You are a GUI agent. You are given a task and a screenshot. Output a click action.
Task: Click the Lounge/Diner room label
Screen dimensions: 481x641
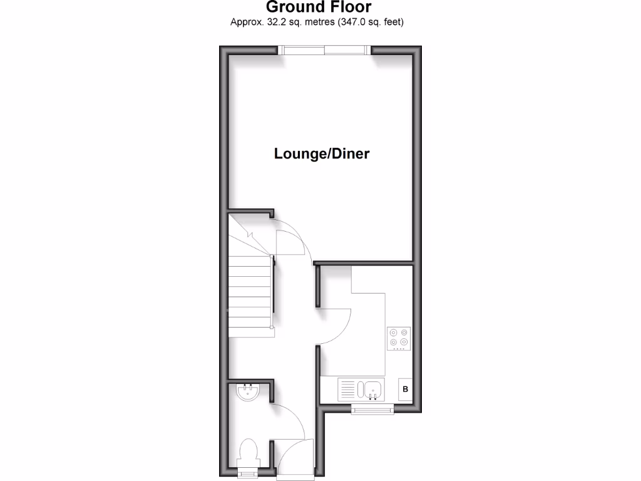click(x=321, y=153)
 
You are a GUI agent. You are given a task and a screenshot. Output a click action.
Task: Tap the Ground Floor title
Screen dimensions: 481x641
click(x=319, y=8)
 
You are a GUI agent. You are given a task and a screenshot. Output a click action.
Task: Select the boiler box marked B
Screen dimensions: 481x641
click(x=405, y=390)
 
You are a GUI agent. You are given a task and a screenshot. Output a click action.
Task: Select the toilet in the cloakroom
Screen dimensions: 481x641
click(x=249, y=453)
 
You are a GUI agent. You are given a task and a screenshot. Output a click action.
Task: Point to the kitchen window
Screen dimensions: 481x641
click(x=372, y=409)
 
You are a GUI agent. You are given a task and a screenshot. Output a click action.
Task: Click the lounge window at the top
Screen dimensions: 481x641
click(x=325, y=50)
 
